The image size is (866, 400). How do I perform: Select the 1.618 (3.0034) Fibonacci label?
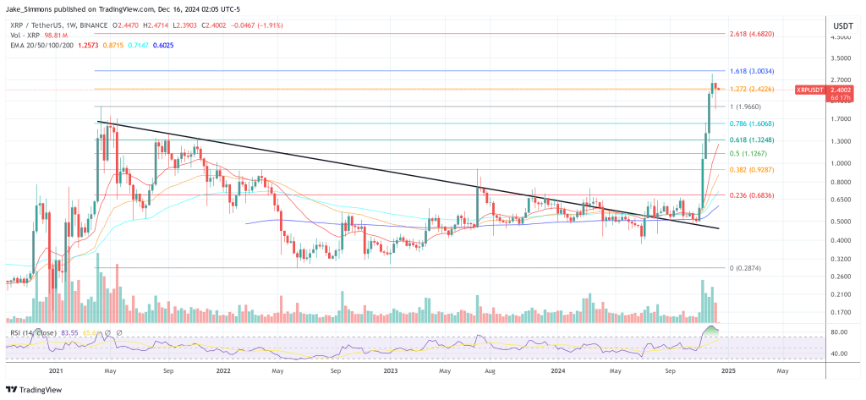tap(752, 71)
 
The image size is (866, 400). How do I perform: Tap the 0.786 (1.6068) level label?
tap(752, 123)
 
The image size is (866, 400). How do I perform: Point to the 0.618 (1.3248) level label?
tap(752, 140)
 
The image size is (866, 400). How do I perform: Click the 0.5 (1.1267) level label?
tap(749, 154)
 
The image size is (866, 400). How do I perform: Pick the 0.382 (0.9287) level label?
tap(752, 170)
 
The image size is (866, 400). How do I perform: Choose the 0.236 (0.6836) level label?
tap(752, 195)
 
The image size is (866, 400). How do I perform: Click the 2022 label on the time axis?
tap(223, 370)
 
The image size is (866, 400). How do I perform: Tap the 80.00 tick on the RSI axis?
tap(840, 332)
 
